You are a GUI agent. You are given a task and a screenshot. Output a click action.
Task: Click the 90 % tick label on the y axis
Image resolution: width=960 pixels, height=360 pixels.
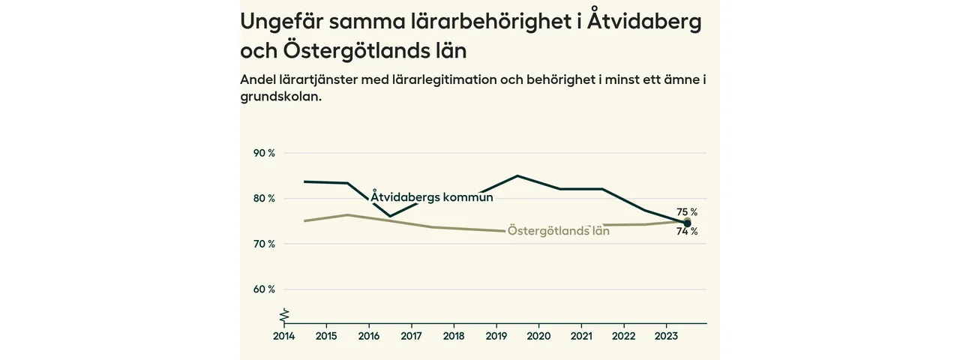click(265, 153)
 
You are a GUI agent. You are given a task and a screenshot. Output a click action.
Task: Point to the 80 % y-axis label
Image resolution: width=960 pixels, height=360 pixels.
click(265, 199)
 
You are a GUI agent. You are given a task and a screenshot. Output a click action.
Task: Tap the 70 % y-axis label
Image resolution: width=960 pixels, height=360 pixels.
click(265, 244)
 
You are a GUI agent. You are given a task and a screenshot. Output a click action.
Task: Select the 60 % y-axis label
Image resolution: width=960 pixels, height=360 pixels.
click(265, 289)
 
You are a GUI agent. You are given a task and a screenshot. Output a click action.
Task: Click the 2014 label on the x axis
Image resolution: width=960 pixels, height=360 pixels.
click(283, 336)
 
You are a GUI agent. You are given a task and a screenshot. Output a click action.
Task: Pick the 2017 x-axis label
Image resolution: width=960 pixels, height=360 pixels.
click(411, 336)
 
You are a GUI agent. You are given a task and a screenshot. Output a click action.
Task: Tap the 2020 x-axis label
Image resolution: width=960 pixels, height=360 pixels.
click(538, 336)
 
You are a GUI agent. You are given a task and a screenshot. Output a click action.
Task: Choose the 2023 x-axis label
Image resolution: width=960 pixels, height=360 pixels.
click(667, 336)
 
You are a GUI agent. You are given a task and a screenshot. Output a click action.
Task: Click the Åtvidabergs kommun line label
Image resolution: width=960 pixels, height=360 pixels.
click(432, 197)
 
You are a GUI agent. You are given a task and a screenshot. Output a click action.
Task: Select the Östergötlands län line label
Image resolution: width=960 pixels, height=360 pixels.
click(558, 231)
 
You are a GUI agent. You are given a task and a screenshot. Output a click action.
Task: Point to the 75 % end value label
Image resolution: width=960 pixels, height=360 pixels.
click(687, 212)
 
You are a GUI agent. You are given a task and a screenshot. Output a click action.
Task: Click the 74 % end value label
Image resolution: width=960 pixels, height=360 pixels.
click(687, 232)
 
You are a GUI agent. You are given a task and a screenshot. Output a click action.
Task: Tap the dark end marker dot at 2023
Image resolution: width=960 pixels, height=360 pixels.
click(687, 223)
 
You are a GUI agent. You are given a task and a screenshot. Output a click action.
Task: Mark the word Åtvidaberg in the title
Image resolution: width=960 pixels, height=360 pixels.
click(644, 21)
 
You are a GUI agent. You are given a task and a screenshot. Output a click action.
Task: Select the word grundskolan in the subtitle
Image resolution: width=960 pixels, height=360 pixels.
click(280, 97)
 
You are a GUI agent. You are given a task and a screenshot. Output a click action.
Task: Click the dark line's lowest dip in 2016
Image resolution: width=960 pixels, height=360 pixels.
click(390, 216)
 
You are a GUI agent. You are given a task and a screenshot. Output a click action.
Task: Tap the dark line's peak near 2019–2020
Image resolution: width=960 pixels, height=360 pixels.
click(517, 175)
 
